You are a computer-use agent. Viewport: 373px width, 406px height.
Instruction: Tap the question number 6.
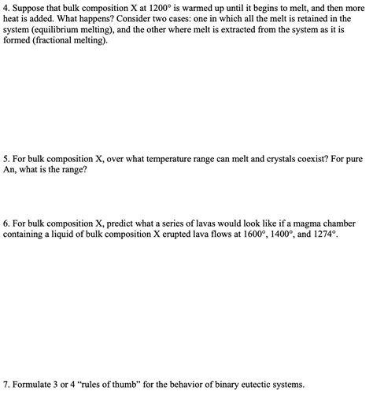6,223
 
